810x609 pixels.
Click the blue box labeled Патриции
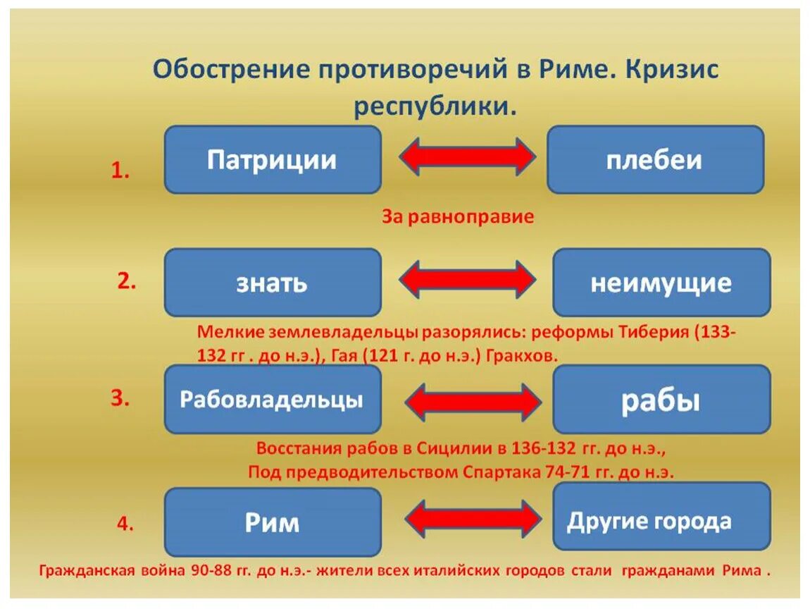point(273,160)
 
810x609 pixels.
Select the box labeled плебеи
point(655,160)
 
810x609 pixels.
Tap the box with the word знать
point(273,283)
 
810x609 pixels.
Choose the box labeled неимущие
point(661,283)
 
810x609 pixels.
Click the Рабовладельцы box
point(273,400)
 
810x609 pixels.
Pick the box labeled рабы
point(661,400)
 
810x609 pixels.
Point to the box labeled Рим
point(273,522)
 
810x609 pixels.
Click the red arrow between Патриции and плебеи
point(467,156)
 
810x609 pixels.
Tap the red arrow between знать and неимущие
point(467,279)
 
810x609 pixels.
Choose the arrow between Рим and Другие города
point(473,519)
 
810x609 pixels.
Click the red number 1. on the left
point(120,171)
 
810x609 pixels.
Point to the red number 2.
point(126,281)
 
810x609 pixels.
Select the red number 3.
point(120,398)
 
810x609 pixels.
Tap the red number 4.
point(125,524)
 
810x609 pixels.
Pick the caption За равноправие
point(458,216)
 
